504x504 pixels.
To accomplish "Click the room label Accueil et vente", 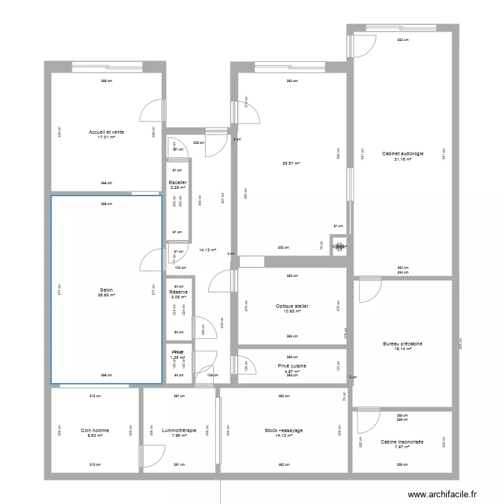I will pos(106,132).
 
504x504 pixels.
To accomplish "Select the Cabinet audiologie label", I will pos(403,153).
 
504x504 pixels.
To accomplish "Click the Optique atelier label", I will pos(292,306).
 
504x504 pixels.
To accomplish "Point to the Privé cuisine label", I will pos(292,366).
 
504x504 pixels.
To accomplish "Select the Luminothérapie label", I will pos(179,430).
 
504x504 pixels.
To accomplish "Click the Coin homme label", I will pos(95,430).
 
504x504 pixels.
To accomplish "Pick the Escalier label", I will pos(178,182).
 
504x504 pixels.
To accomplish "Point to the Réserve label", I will pos(178,292).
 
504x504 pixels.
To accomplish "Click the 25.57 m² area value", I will pos(291,163).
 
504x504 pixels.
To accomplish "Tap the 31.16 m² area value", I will pos(403,159).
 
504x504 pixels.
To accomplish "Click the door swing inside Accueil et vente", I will pos(152,112).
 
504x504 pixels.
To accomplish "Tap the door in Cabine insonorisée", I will pos(367,422).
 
